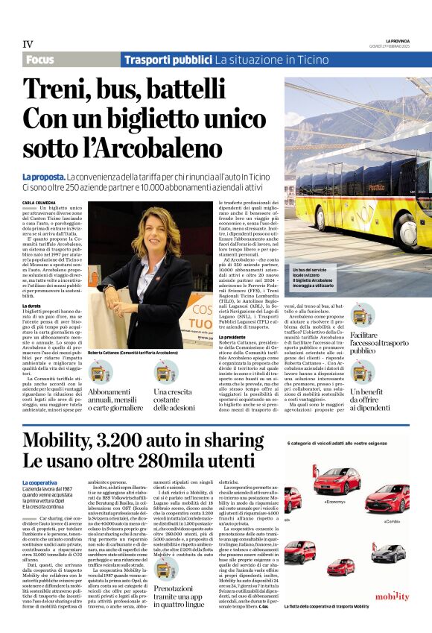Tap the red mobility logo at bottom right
tap(392, 596)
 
